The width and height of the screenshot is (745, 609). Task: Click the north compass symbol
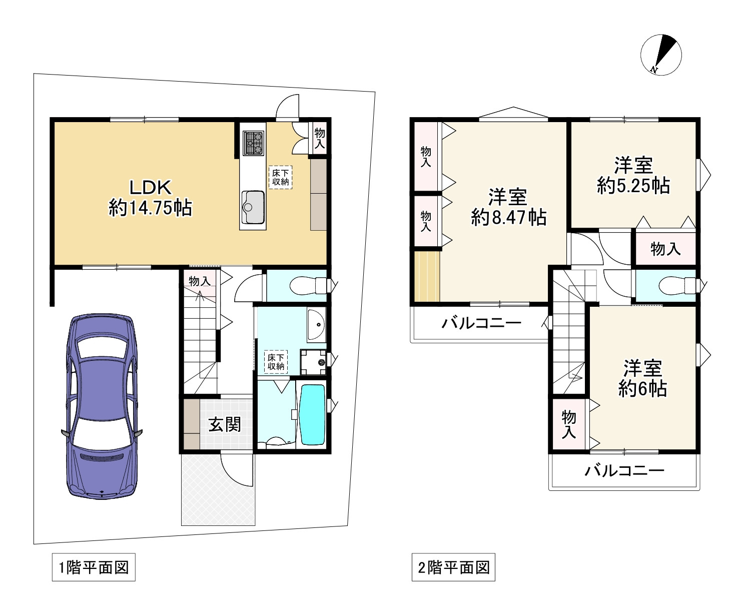click(660, 55)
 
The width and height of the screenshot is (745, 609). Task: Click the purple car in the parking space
click(102, 406)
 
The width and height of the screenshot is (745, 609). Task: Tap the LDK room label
click(151, 188)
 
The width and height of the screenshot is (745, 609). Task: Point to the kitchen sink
click(253, 207)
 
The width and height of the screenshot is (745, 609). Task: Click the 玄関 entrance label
click(225, 424)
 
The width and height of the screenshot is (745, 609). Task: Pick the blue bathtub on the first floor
click(311, 414)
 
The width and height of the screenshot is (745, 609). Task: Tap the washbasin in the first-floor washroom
click(316, 325)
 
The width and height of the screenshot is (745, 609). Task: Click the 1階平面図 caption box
click(94, 567)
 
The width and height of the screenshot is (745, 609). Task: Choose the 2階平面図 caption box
click(453, 567)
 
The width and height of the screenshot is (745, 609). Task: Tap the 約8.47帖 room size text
click(508, 218)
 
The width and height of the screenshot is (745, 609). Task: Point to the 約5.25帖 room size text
click(633, 186)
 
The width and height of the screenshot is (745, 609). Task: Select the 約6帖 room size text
click(642, 388)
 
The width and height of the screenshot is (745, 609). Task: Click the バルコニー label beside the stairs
click(481, 323)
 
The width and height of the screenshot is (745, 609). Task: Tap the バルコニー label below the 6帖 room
click(625, 470)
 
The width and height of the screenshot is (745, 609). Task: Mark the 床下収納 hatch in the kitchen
click(280, 177)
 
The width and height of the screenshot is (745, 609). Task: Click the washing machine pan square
click(313, 361)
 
